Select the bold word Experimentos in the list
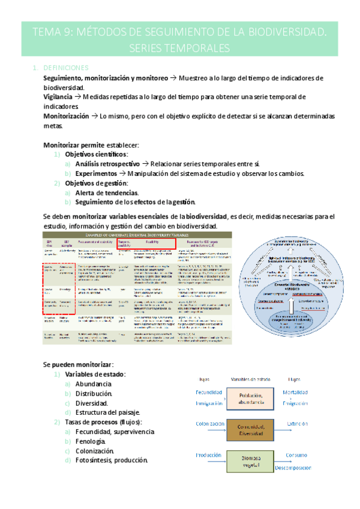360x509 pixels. pos(97,173)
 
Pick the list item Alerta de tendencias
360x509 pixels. pos(107,193)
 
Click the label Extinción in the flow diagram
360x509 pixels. pos(296,423)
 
